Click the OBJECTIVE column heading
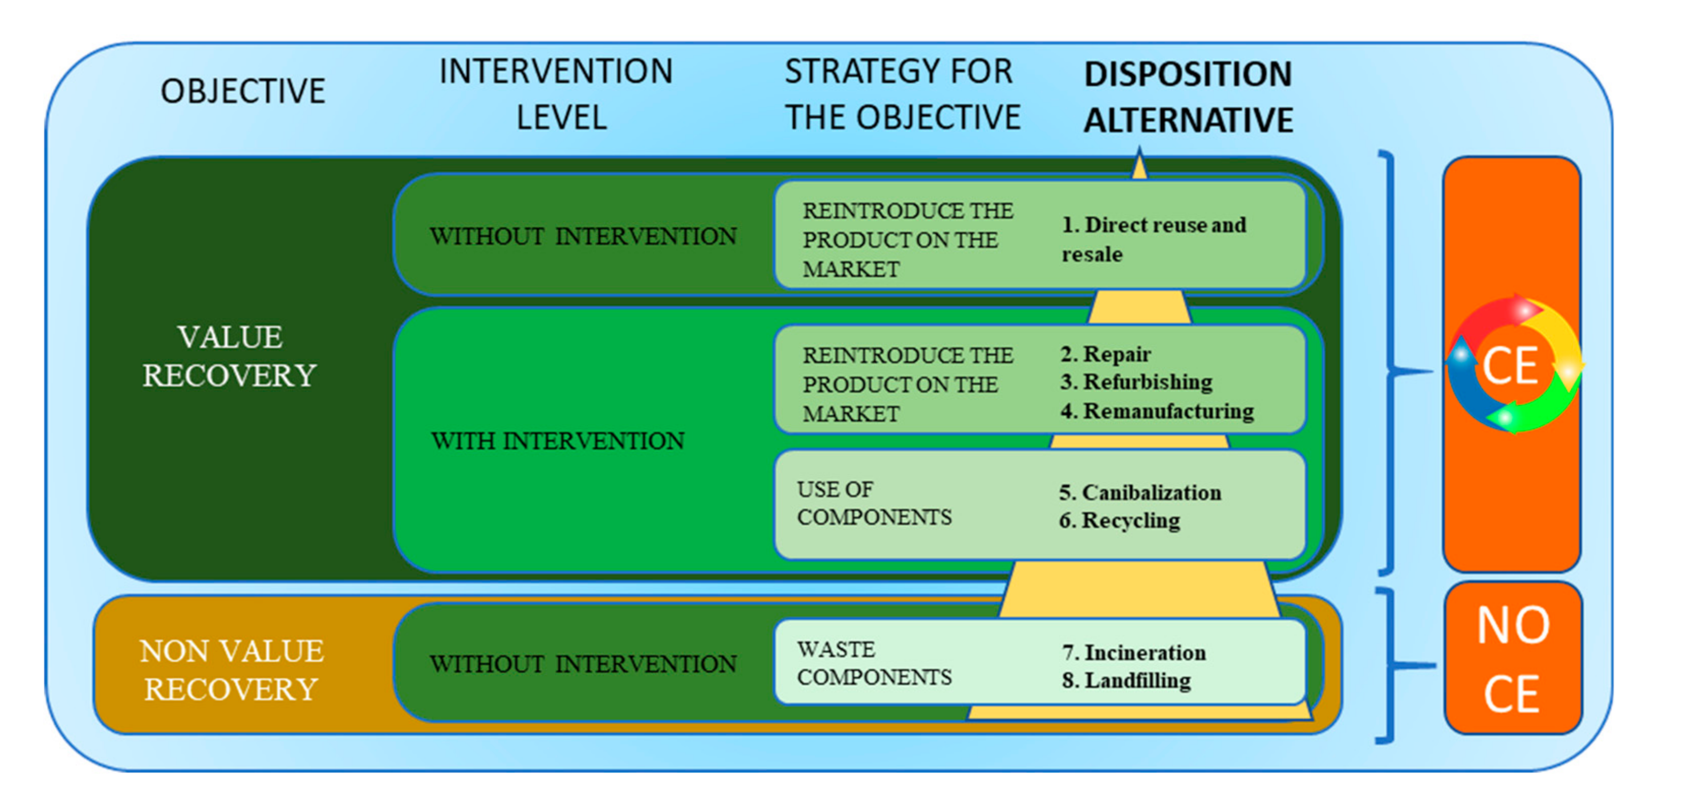[243, 91]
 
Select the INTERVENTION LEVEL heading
[556, 94]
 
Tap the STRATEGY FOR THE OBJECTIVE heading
[902, 94]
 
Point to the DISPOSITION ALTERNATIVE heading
[1188, 97]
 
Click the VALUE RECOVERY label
[230, 356]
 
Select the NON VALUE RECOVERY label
[231, 670]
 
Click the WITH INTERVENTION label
[558, 441]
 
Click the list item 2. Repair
[1105, 354]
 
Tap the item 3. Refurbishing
[1136, 382]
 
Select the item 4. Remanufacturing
[1157, 411]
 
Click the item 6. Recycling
[1119, 521]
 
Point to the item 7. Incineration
[1134, 653]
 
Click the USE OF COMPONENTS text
[874, 503]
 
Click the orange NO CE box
[1513, 658]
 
